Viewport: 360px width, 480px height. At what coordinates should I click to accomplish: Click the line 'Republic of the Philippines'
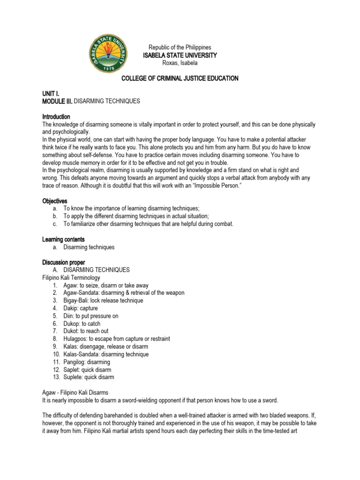pos(180,47)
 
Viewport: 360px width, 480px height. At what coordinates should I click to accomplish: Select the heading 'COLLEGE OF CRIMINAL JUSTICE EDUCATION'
pos(180,78)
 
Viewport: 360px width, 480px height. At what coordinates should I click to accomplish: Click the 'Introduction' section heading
pos(56,116)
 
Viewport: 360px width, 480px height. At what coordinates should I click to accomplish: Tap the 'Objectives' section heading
pos(55,201)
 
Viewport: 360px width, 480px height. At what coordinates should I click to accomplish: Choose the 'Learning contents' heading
pos(63,239)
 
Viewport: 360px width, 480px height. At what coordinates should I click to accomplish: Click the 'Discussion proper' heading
pos(64,262)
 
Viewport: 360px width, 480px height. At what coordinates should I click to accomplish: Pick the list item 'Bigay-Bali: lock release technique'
pos(104,300)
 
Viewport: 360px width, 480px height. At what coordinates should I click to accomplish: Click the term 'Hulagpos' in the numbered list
pos(76,338)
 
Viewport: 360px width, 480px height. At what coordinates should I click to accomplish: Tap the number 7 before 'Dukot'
pos(55,331)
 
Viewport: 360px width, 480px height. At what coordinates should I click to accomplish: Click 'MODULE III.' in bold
pos(58,101)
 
